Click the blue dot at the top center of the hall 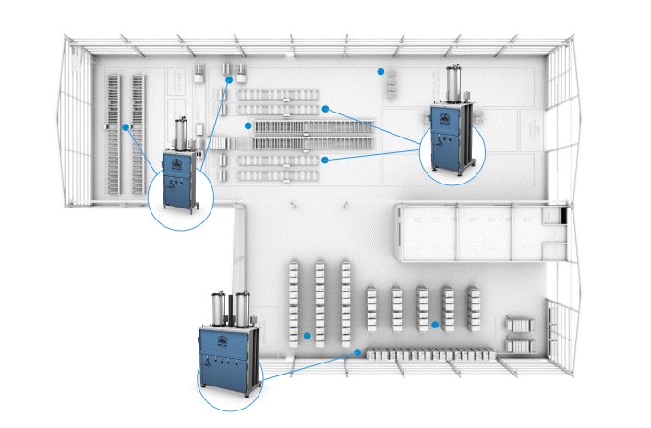[380, 70]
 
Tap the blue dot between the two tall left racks [126, 125]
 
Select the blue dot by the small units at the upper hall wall [228, 80]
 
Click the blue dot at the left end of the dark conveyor [247, 125]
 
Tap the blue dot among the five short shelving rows [434, 324]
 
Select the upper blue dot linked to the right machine [326, 108]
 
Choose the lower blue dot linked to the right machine [326, 160]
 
